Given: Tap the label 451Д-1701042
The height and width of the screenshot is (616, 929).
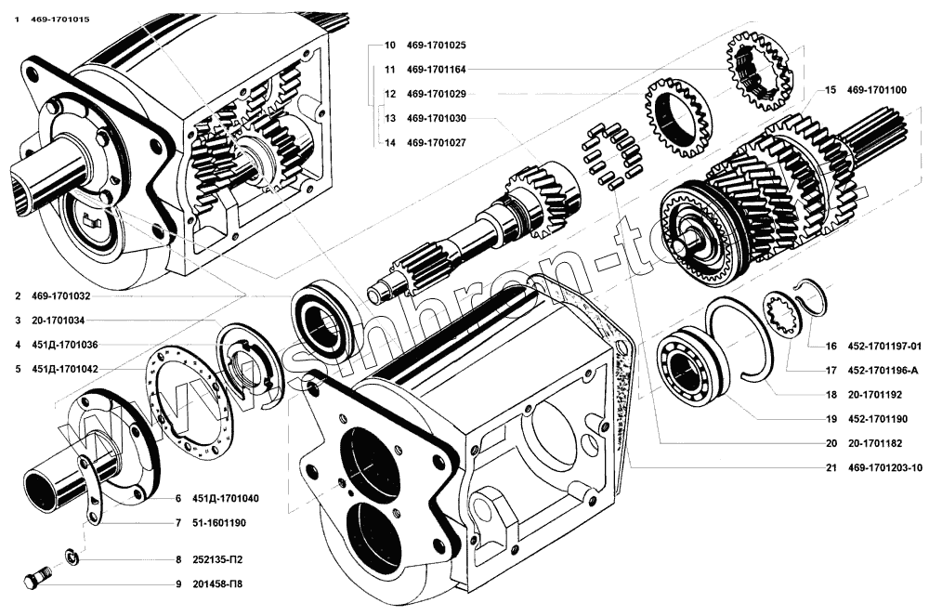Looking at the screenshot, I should tap(65, 369).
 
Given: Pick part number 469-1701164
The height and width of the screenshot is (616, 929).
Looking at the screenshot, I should tap(437, 69).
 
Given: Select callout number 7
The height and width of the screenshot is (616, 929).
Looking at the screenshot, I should tap(177, 522).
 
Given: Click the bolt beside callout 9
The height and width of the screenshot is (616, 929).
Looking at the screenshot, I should tap(36, 578).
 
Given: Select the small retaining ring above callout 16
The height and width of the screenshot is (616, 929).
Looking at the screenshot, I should tap(808, 296).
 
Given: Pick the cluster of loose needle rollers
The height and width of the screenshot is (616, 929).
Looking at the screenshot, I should tap(611, 153).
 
